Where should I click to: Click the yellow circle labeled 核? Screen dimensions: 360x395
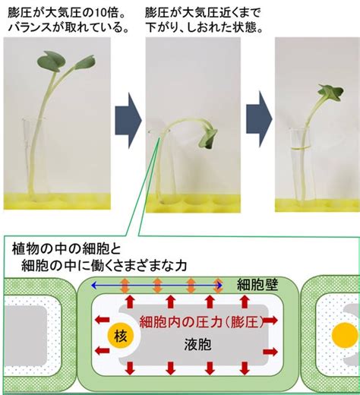pyautogui.click(x=120, y=336)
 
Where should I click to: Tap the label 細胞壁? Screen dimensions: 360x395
pyautogui.click(x=257, y=285)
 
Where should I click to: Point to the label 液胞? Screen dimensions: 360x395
pyautogui.click(x=197, y=344)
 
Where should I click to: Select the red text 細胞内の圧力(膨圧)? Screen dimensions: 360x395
pyautogui.click(x=202, y=322)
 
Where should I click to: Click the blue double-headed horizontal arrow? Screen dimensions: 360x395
pyautogui.click(x=156, y=286)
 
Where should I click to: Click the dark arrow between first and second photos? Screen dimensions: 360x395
pyautogui.click(x=128, y=121)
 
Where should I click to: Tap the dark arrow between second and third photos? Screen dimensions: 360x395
pyautogui.click(x=259, y=119)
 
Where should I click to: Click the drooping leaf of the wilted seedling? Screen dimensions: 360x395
pyautogui.click(x=209, y=138)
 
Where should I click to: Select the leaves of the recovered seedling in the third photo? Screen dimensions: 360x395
pyautogui.click(x=330, y=93)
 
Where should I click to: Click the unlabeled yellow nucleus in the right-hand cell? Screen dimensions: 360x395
pyautogui.click(x=345, y=335)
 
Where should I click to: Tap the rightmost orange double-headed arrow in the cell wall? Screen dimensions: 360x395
pyautogui.click(x=218, y=286)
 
